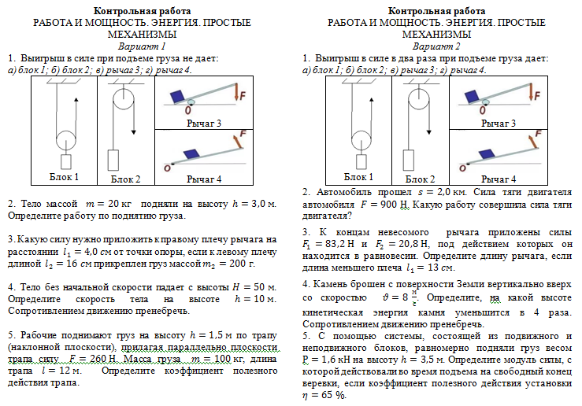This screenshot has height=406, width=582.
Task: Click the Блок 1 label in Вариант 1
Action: (64, 176)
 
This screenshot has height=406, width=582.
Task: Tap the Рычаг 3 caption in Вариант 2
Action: (499, 124)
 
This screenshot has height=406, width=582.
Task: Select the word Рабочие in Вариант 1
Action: (39, 334)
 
